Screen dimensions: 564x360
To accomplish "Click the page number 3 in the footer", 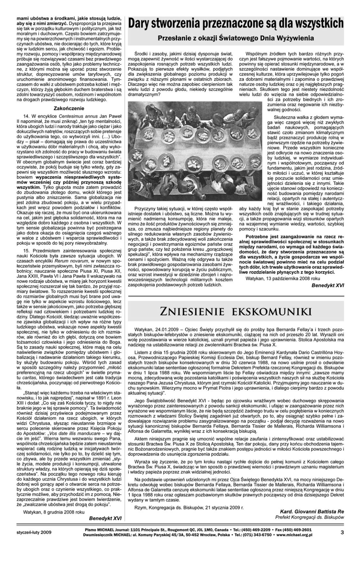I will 342,532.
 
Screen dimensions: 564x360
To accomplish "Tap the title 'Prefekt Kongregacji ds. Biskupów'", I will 309,517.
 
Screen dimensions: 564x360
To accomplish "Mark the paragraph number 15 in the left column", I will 26,250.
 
